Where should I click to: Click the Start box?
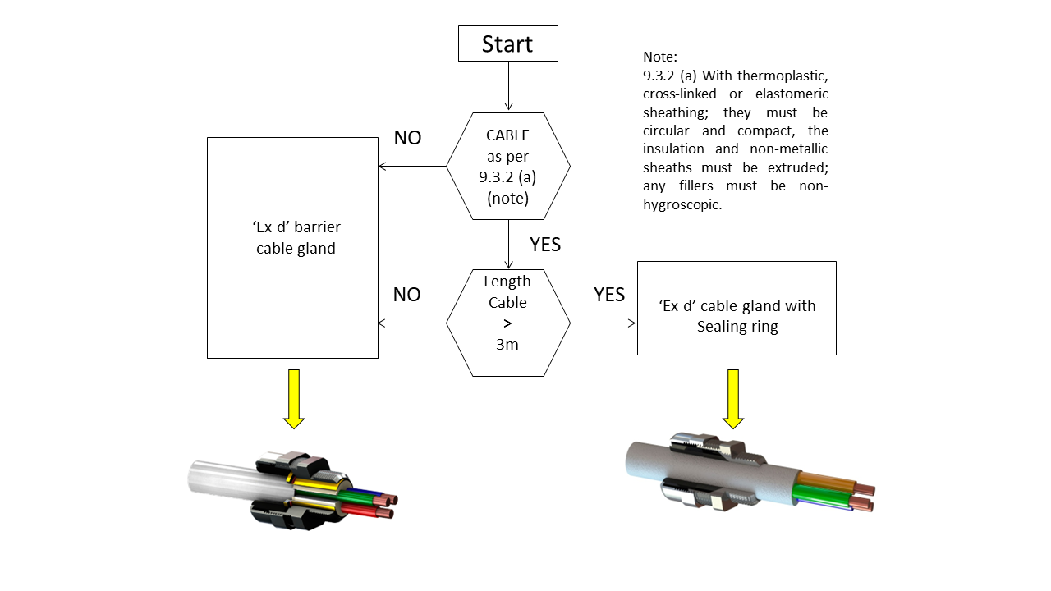(x=507, y=44)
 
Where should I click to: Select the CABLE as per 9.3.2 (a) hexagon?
(x=508, y=166)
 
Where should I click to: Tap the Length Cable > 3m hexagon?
(x=508, y=322)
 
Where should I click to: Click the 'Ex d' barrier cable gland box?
(x=292, y=247)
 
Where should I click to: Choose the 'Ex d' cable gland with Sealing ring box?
(x=737, y=308)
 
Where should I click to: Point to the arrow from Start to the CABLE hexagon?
(x=508, y=86)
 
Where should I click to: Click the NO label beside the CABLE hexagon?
(x=407, y=138)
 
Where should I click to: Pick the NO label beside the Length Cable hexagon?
(x=406, y=295)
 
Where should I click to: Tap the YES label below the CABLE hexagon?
(x=545, y=245)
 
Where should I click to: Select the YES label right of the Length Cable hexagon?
(x=609, y=295)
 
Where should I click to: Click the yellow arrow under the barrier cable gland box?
(x=294, y=398)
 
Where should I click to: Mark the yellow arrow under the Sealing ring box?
(x=733, y=398)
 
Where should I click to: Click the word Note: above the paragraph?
(x=660, y=57)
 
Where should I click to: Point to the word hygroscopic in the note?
(x=682, y=205)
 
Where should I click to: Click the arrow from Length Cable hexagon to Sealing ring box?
(x=604, y=323)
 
